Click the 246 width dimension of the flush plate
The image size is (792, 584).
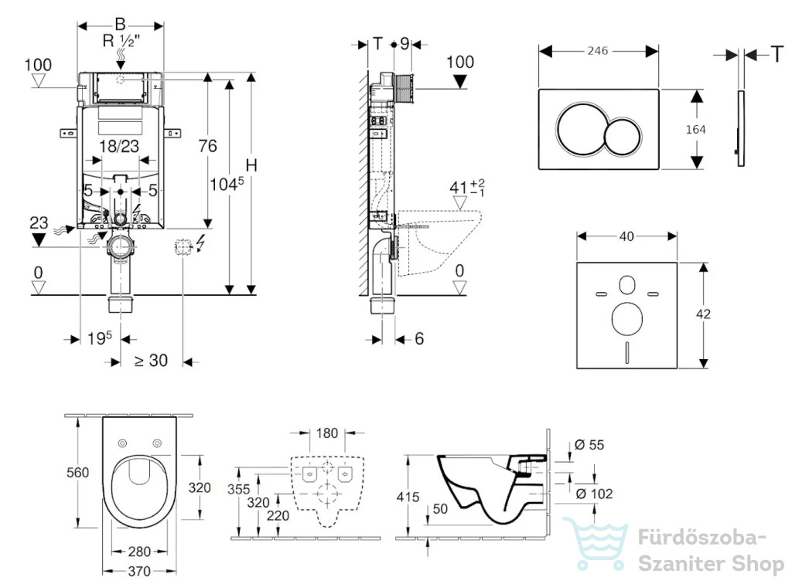[598, 51]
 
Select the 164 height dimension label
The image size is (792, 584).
[695, 130]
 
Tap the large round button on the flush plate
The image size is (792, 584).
[580, 129]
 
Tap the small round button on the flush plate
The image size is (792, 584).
[623, 136]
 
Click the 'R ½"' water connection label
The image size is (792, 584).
[121, 40]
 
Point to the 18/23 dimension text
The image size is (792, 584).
[118, 146]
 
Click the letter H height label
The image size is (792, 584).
[251, 165]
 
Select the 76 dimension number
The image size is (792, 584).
[207, 146]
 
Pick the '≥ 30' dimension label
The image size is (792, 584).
[151, 361]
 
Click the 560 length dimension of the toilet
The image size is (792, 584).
[78, 473]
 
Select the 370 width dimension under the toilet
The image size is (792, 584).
[139, 572]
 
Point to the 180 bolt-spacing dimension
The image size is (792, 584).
[327, 433]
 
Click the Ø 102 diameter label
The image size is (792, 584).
[594, 494]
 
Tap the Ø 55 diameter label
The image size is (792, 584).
[589, 445]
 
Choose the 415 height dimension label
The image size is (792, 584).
[408, 497]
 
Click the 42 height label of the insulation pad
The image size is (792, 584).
[703, 314]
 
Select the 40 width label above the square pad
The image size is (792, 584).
[626, 236]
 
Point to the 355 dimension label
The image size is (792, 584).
[238, 489]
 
